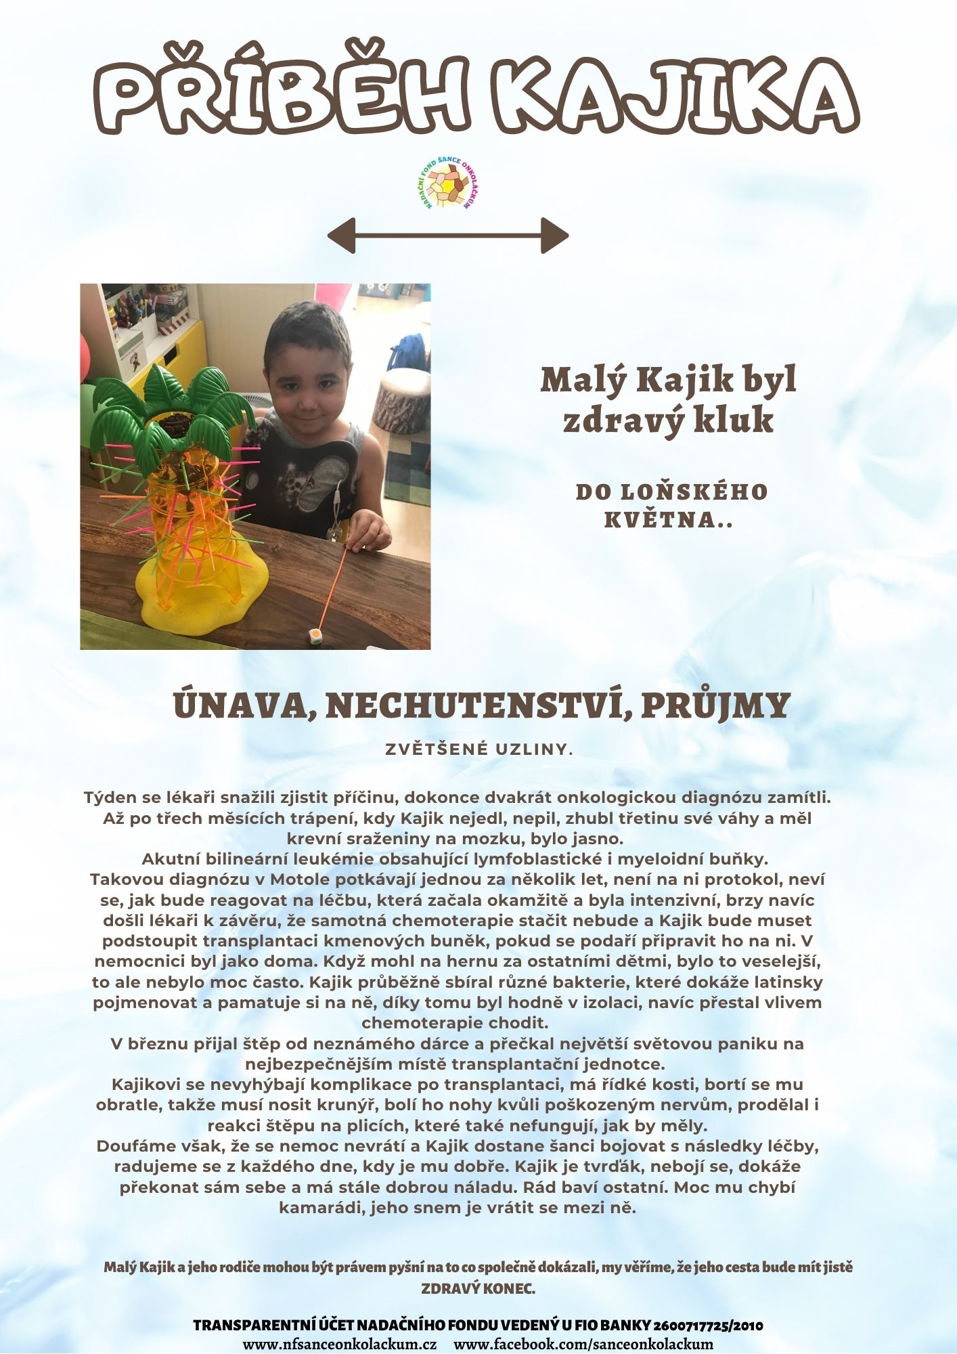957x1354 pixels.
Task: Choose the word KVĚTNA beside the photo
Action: click(660, 520)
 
